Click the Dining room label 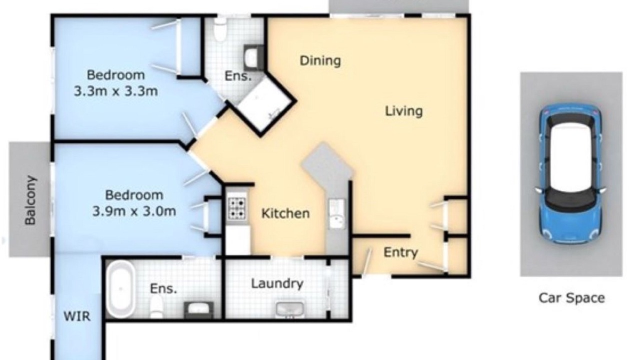(x=320, y=61)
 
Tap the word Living (x=403, y=111)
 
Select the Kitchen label (x=285, y=213)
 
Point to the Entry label (x=400, y=252)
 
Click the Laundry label (x=277, y=283)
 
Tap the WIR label (x=77, y=316)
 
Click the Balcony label (x=30, y=200)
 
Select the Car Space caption (x=571, y=298)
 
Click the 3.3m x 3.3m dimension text (x=115, y=91)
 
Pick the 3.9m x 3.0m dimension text (x=134, y=211)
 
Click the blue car (x=571, y=173)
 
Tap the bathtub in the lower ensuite (x=121, y=289)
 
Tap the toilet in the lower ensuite (x=156, y=307)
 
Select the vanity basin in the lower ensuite (x=198, y=309)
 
